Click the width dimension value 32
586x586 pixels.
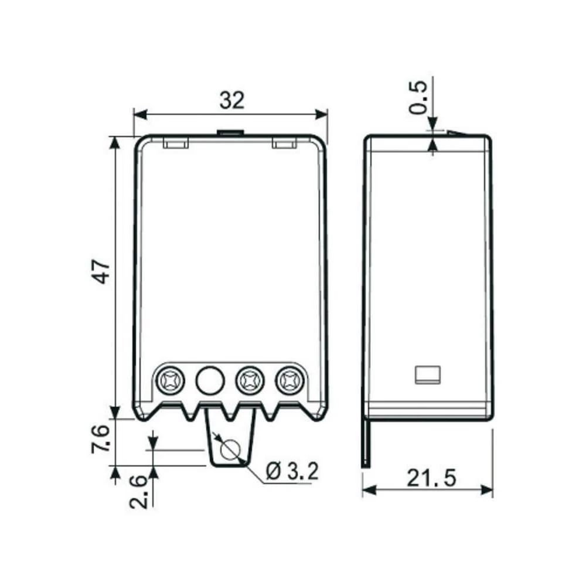point(231,101)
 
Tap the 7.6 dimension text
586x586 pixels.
point(101,438)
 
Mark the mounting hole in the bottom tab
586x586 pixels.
point(229,450)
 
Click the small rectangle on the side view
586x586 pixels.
point(427,374)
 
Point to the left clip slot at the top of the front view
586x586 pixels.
point(175,143)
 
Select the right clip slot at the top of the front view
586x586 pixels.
point(284,143)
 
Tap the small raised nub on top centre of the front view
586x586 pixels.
point(230,133)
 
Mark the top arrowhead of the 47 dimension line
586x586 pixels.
point(115,141)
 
